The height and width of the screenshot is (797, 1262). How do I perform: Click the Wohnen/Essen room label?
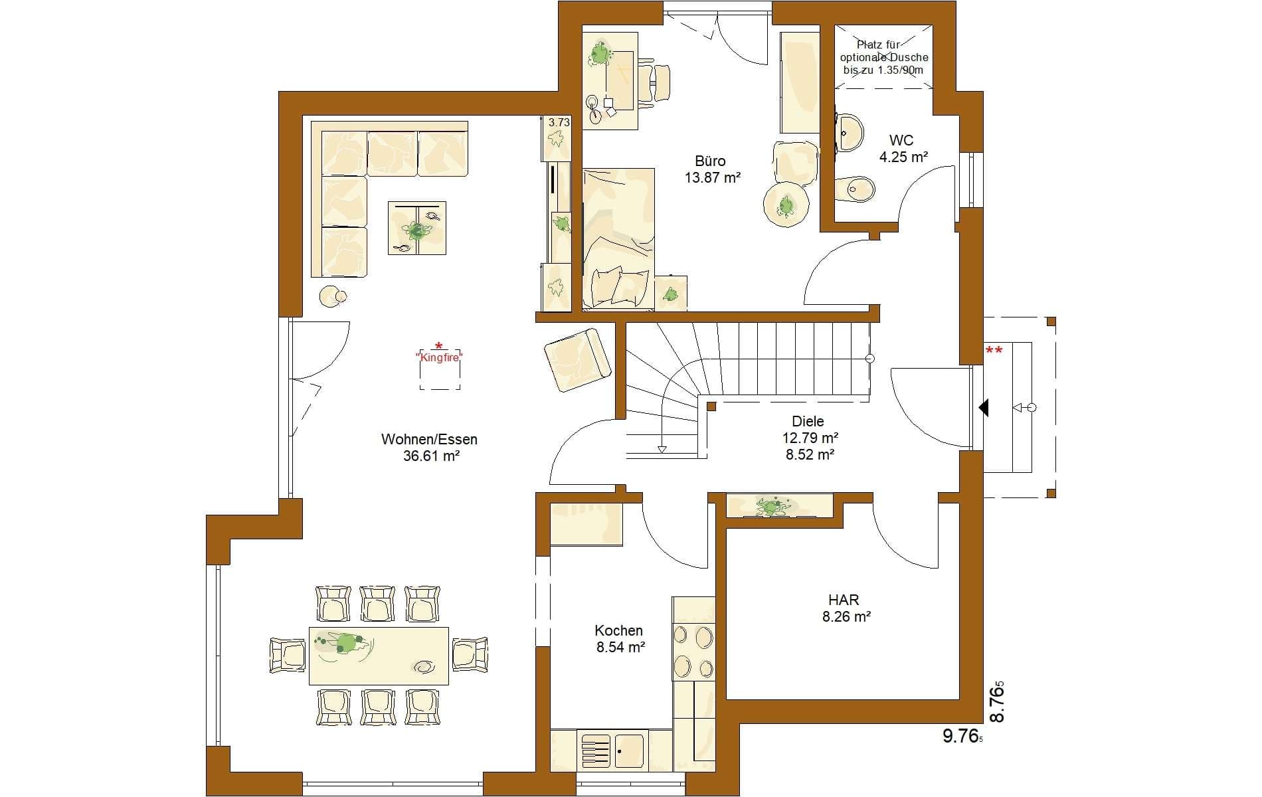[x=429, y=439]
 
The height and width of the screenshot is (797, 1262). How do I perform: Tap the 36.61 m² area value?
[x=432, y=456]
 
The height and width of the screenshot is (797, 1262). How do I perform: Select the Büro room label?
[x=710, y=161]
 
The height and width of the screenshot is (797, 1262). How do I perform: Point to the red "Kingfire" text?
[x=439, y=357]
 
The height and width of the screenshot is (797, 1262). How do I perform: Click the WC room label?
[x=901, y=140]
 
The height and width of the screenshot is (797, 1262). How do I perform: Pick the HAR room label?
[x=844, y=600]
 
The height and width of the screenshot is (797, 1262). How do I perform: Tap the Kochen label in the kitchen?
[x=618, y=630]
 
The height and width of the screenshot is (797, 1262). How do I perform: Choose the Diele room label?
[x=808, y=421]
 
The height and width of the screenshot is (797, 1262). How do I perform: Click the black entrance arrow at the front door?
[x=984, y=407]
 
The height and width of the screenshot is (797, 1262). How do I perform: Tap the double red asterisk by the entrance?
[x=994, y=351]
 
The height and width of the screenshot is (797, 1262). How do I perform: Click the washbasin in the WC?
[x=849, y=133]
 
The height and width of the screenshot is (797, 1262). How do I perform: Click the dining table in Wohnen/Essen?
[x=379, y=656]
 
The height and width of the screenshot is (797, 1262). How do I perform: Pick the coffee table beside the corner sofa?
[x=417, y=228]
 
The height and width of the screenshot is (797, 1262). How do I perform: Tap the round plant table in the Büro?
[x=786, y=205]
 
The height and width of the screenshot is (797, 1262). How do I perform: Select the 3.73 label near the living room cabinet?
[x=559, y=122]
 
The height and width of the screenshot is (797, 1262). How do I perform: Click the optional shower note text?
[x=883, y=57]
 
